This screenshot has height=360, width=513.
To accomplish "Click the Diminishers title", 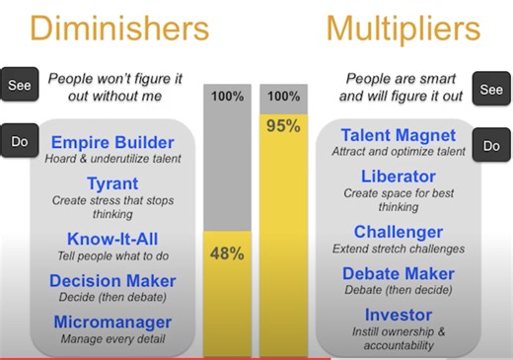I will [119, 27].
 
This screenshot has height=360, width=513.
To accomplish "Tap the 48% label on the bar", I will [227, 253].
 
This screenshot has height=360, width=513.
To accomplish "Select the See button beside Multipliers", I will [491, 90].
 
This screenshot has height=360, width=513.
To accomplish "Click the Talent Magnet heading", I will [399, 136].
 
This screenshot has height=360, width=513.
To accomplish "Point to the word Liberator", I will [399, 177].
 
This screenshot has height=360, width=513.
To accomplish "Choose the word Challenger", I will [399, 232].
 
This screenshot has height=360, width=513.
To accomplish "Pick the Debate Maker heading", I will [399, 273].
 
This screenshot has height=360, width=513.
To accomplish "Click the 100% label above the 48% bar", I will [227, 98].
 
